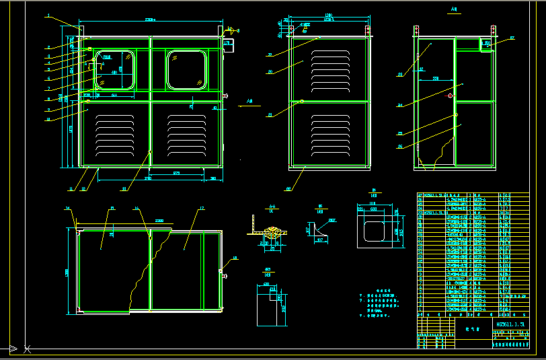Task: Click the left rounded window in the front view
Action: [x=116, y=70]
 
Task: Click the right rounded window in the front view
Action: [x=186, y=70]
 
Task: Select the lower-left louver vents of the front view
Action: [x=115, y=133]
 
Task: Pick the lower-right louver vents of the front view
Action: [x=186, y=133]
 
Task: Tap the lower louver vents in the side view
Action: [x=329, y=133]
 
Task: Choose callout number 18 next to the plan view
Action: [x=235, y=258]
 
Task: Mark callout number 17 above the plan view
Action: [x=201, y=209]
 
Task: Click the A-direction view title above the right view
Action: [x=453, y=10]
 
